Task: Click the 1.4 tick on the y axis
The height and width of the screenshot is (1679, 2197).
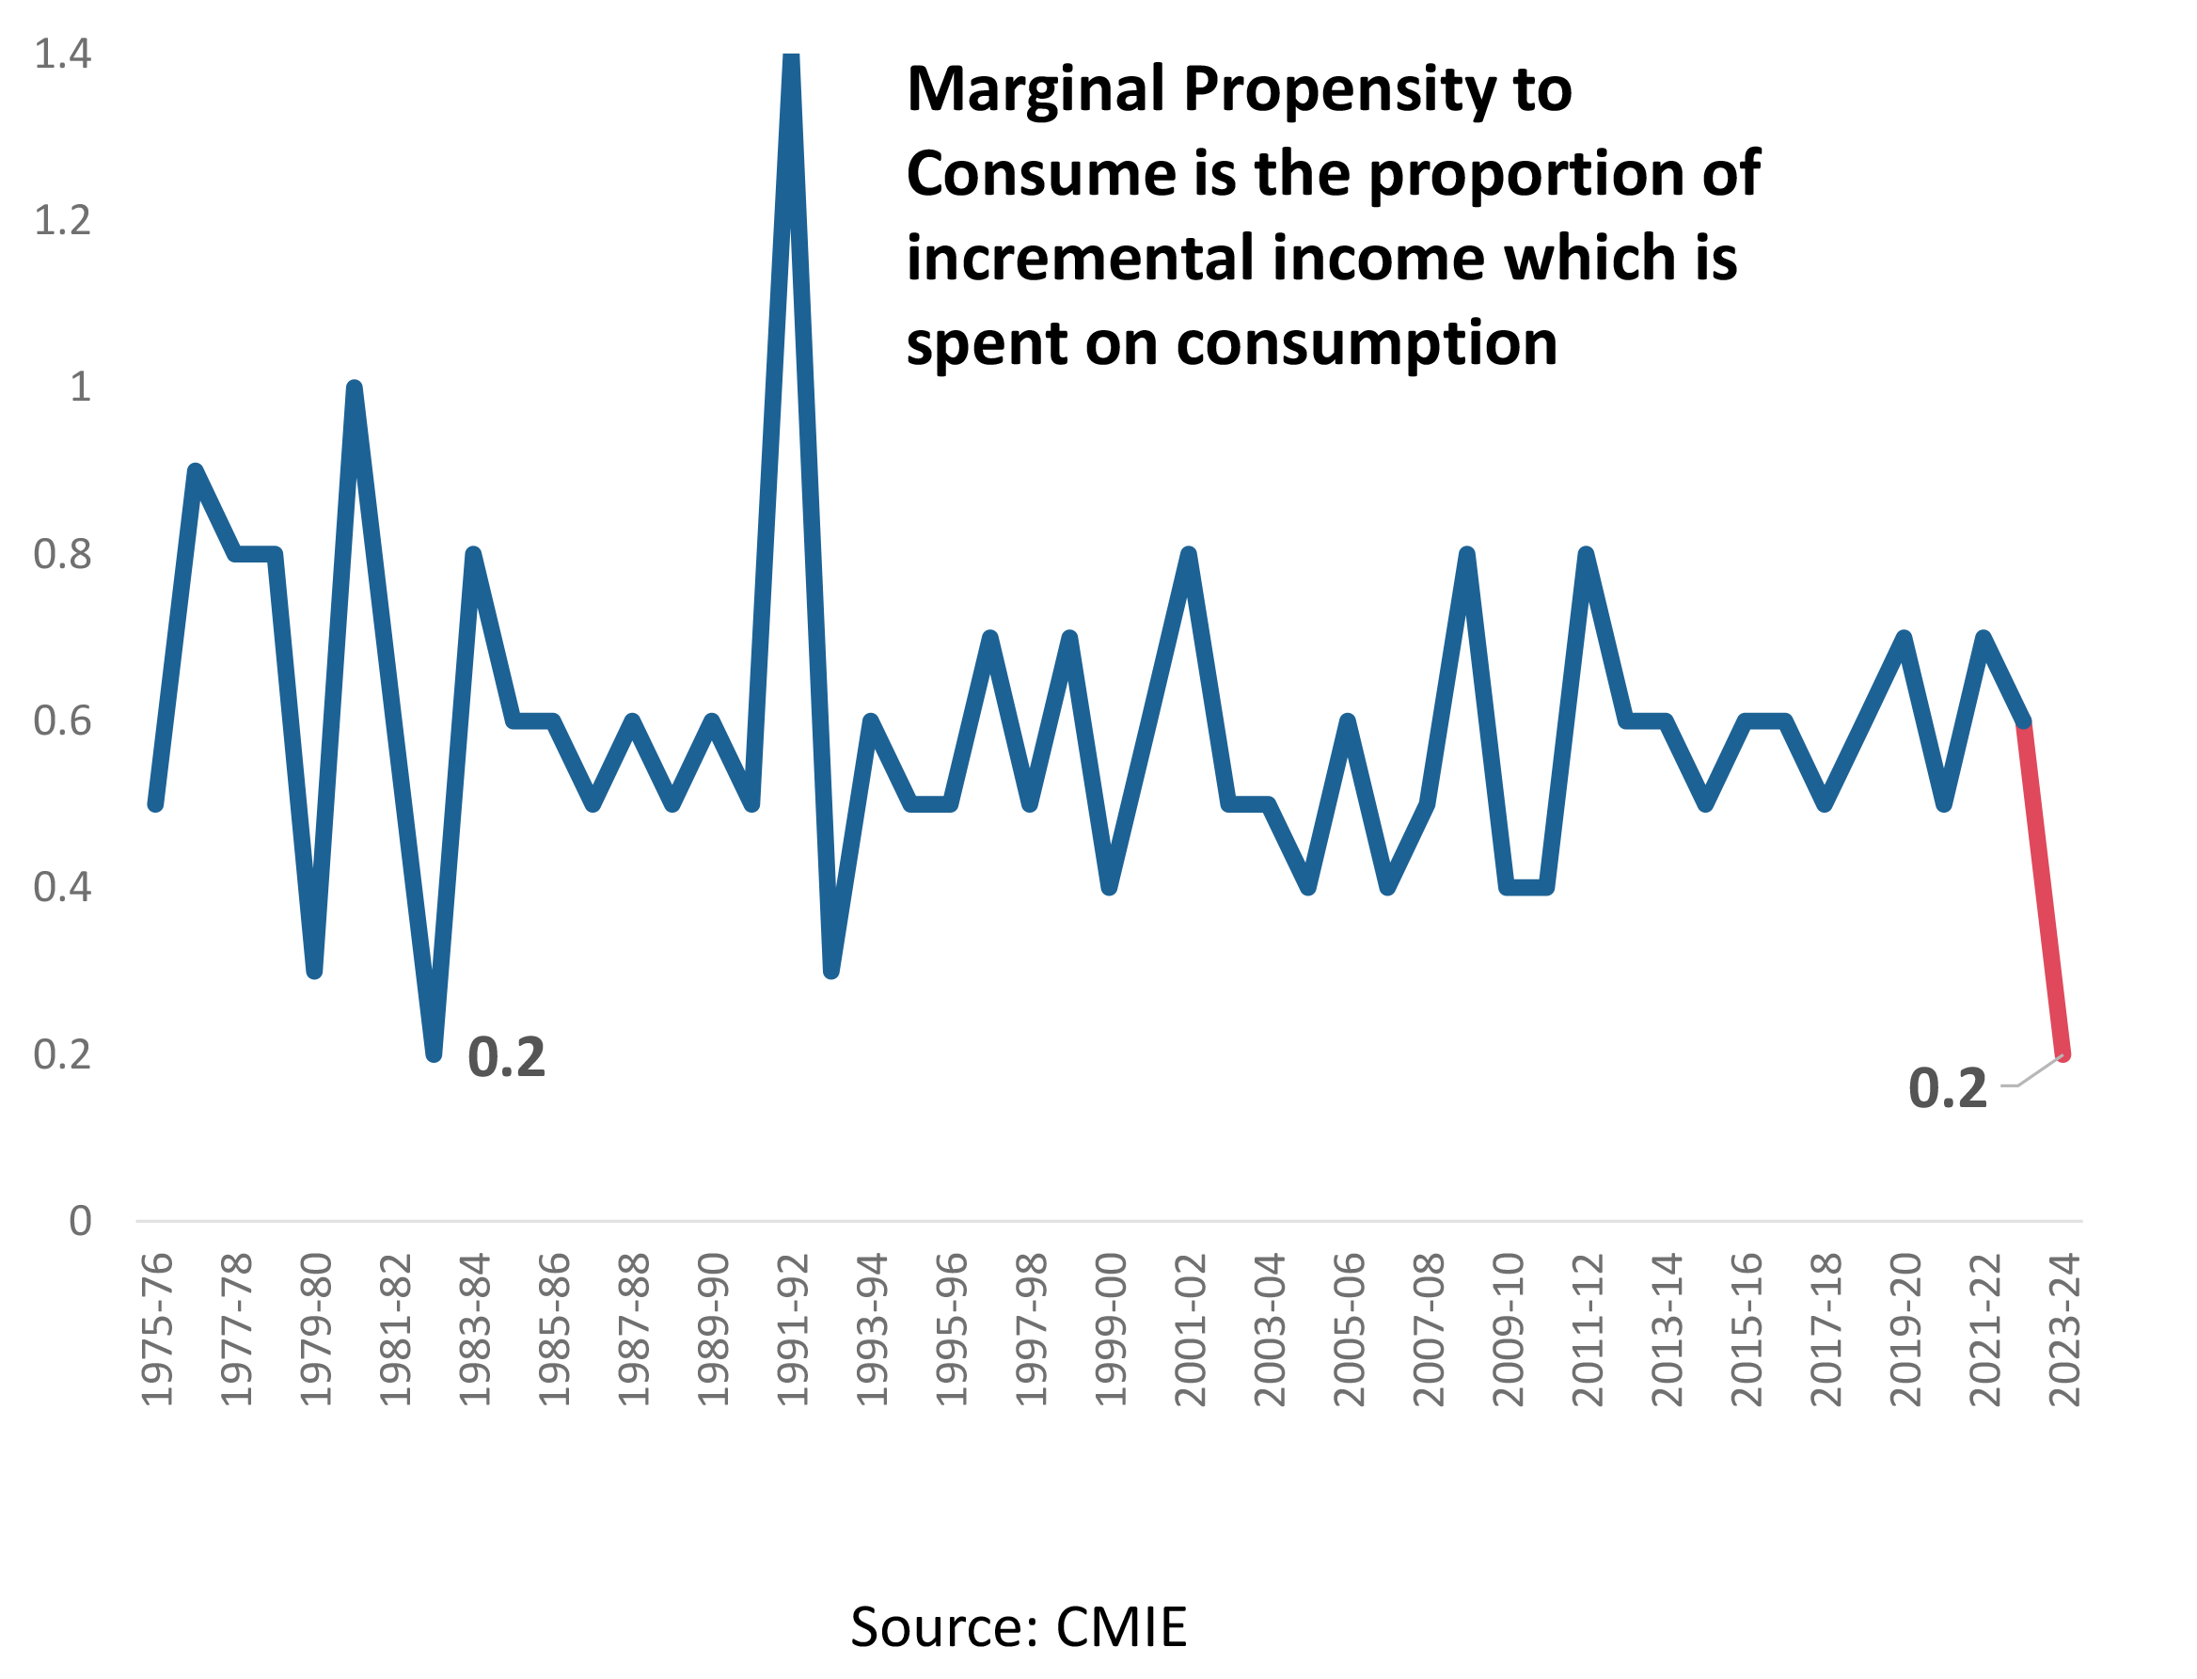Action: pos(62,54)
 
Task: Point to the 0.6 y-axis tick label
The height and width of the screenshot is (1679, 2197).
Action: pos(62,721)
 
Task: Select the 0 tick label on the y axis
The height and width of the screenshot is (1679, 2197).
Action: pos(80,1220)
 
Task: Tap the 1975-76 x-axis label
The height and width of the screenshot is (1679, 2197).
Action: pos(157,1330)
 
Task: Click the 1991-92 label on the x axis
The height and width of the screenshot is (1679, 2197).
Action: pos(792,1330)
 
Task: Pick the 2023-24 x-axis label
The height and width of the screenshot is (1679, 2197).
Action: pos(2064,1330)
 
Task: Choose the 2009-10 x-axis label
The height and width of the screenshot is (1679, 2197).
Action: pos(1508,1330)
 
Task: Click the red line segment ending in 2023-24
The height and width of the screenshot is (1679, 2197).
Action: pos(2044,890)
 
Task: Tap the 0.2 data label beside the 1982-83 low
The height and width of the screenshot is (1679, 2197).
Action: pos(507,1057)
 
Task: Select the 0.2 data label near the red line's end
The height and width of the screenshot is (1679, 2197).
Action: pos(1947,1088)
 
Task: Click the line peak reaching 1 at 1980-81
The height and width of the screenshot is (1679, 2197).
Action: pos(354,389)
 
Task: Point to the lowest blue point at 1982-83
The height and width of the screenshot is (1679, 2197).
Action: pos(434,1052)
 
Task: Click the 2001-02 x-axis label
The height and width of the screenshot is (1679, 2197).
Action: pos(1190,1330)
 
